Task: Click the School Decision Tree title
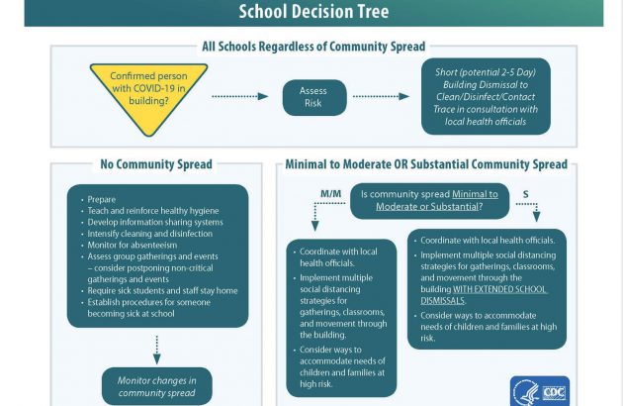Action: [313, 11]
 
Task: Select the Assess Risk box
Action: [314, 97]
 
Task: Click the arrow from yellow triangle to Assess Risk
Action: [240, 96]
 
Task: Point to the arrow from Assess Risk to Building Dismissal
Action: [381, 96]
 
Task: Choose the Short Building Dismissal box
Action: [486, 96]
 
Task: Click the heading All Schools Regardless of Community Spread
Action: [313, 47]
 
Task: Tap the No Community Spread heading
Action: [156, 164]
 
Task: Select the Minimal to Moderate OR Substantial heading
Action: [426, 164]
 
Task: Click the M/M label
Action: [330, 194]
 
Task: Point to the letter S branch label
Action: [526, 194]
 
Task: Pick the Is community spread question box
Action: [429, 201]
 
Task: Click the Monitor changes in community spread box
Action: [157, 386]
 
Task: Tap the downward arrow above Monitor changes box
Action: [157, 350]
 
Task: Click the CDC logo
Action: [540, 391]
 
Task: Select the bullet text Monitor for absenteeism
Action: [133, 246]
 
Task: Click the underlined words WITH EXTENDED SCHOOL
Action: [499, 289]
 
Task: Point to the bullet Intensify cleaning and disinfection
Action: [149, 234]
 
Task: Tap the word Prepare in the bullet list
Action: [102, 199]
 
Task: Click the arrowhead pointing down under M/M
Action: [315, 226]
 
